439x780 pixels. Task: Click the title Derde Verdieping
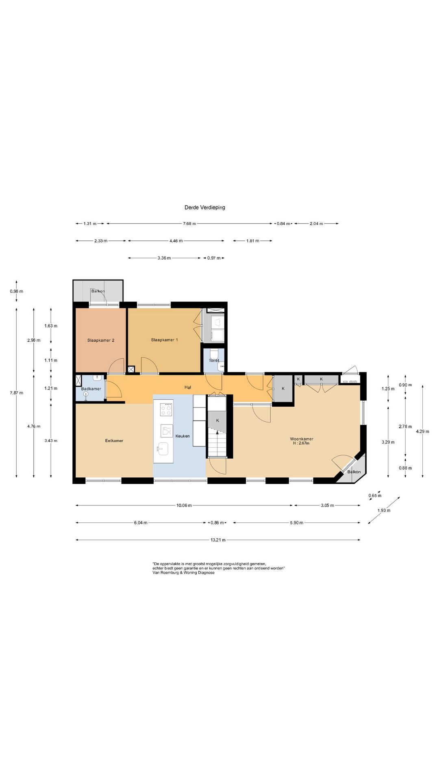click(x=204, y=207)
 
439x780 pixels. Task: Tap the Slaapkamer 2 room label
click(x=100, y=340)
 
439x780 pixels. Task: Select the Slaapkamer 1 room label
click(x=164, y=340)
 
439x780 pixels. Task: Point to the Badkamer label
click(x=91, y=389)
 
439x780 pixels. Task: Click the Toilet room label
click(x=214, y=360)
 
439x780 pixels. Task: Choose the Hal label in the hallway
click(x=187, y=388)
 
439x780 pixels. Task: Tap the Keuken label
click(x=183, y=436)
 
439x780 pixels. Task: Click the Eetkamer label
click(x=114, y=441)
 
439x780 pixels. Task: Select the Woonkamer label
click(x=302, y=439)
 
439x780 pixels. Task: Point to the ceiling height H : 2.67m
click(x=301, y=443)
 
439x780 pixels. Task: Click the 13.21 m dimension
click(x=218, y=540)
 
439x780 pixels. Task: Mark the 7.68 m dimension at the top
click(x=189, y=223)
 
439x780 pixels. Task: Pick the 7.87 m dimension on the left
click(x=16, y=393)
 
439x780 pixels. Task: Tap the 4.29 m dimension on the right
click(x=422, y=431)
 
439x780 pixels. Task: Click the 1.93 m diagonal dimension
click(x=384, y=510)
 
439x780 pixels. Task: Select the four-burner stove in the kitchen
click(x=166, y=409)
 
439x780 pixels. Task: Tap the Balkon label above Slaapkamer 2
click(x=98, y=291)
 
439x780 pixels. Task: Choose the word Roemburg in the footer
click(x=170, y=573)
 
